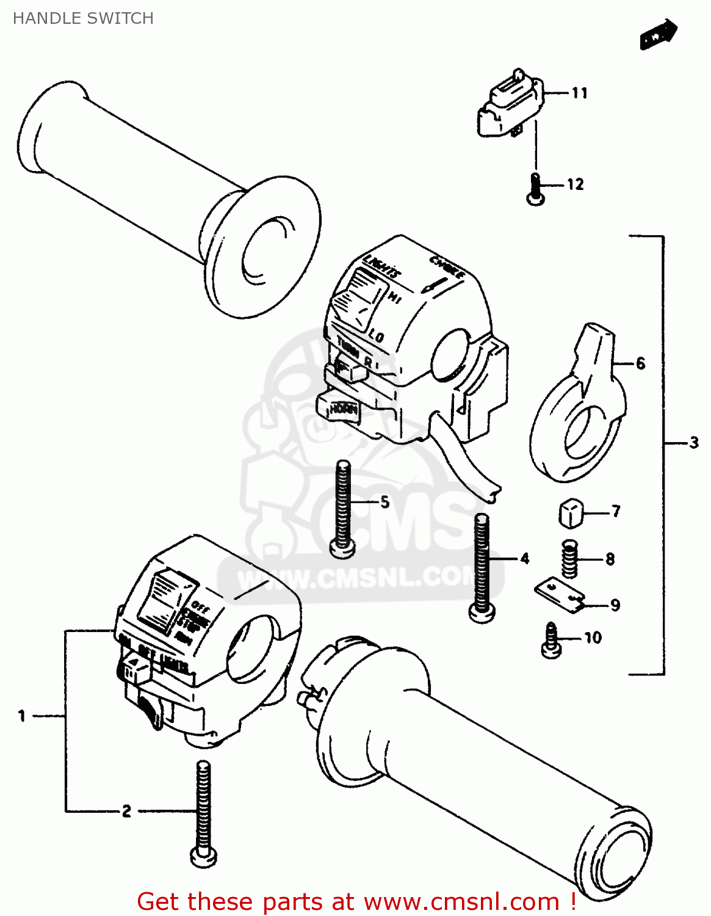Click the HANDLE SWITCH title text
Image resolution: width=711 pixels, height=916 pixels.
click(x=83, y=18)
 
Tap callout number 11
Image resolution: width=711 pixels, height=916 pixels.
click(x=579, y=93)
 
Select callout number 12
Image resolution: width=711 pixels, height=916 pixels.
click(x=576, y=184)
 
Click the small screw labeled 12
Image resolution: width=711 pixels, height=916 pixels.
click(x=535, y=189)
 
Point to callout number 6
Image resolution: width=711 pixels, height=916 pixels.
click(x=640, y=363)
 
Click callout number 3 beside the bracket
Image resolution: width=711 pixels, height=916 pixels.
click(x=694, y=443)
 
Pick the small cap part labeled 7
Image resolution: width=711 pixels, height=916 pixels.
click(x=570, y=513)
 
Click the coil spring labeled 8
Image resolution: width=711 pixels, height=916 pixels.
click(x=569, y=559)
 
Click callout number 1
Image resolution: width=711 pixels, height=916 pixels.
click(x=22, y=715)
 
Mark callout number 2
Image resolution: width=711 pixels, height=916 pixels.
click(x=126, y=811)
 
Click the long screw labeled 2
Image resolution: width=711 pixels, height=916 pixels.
click(x=203, y=812)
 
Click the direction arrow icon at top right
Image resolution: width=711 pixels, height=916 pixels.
click(x=659, y=35)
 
